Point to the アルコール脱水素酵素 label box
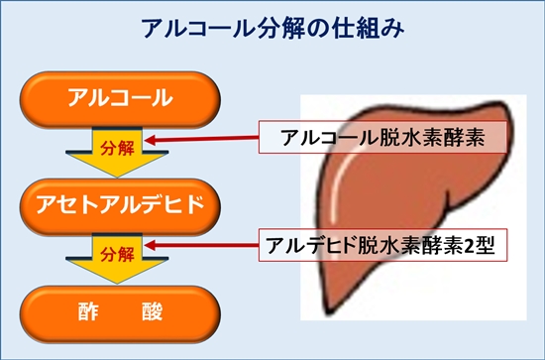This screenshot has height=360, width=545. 379,138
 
